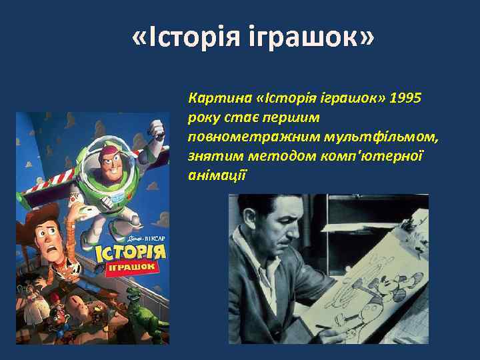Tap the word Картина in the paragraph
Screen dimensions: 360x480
tap(219, 98)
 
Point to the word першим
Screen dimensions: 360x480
tap(293, 118)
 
